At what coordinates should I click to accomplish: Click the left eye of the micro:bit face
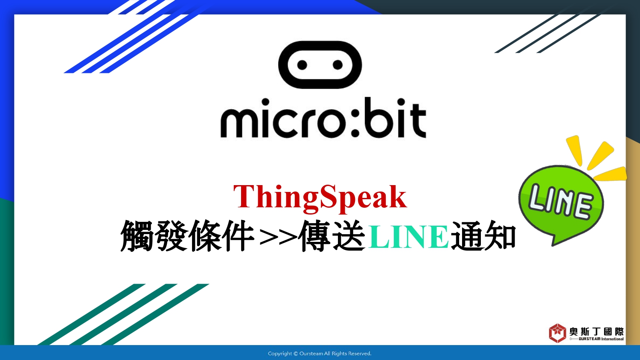pyautogui.click(x=302, y=65)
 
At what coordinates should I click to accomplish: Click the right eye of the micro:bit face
pyautogui.click(x=338, y=65)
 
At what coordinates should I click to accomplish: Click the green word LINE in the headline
pyautogui.click(x=408, y=237)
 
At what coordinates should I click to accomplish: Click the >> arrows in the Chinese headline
pyautogui.click(x=278, y=237)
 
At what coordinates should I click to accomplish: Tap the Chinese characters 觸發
pyautogui.click(x=154, y=236)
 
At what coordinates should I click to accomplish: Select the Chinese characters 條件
pyautogui.click(x=222, y=236)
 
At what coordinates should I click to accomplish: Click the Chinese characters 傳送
pyautogui.click(x=332, y=236)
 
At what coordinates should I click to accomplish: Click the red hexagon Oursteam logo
pyautogui.click(x=557, y=333)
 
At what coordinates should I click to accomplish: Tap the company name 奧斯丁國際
pyautogui.click(x=596, y=331)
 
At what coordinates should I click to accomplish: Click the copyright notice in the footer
pyautogui.click(x=320, y=354)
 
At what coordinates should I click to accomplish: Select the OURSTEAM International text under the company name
pyautogui.click(x=597, y=339)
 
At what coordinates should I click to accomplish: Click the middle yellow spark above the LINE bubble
pyautogui.click(x=600, y=156)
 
